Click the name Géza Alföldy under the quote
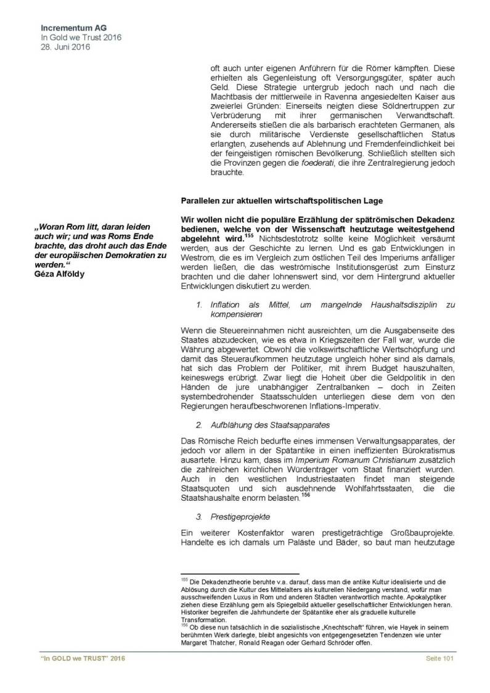tap(59, 274)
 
